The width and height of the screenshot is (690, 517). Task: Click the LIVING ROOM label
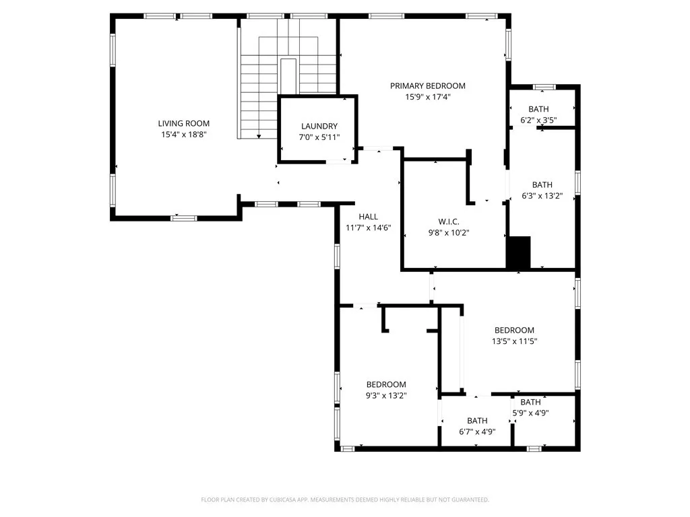coord(183,123)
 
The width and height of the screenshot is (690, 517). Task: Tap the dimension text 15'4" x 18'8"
coord(183,135)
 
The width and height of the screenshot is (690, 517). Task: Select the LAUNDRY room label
coord(319,126)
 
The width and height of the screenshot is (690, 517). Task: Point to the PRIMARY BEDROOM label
coord(427,85)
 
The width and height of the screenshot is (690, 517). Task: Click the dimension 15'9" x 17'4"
coord(427,97)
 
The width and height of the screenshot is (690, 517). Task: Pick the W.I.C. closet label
coord(448,221)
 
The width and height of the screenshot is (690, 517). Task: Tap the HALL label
coord(368,217)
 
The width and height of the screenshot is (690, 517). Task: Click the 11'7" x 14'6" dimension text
coord(368,228)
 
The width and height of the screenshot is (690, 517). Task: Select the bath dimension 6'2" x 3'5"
coord(538,120)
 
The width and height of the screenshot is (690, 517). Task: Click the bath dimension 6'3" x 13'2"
coord(542,197)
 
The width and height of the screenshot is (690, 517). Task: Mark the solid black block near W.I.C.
coord(518,252)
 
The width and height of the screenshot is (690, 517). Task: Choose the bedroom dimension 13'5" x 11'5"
coord(514,341)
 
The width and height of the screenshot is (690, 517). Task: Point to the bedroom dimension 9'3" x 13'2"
coord(386,396)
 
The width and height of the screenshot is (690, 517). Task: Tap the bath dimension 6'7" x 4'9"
coord(477,432)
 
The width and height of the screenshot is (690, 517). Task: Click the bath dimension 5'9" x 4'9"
coord(530,413)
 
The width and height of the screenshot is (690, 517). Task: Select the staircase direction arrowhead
coord(259,137)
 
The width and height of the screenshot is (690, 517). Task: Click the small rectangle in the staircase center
coord(288,76)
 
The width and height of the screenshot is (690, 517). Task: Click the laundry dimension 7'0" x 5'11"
coord(319,137)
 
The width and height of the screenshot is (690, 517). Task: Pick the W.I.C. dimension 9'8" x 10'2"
coord(448,233)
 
